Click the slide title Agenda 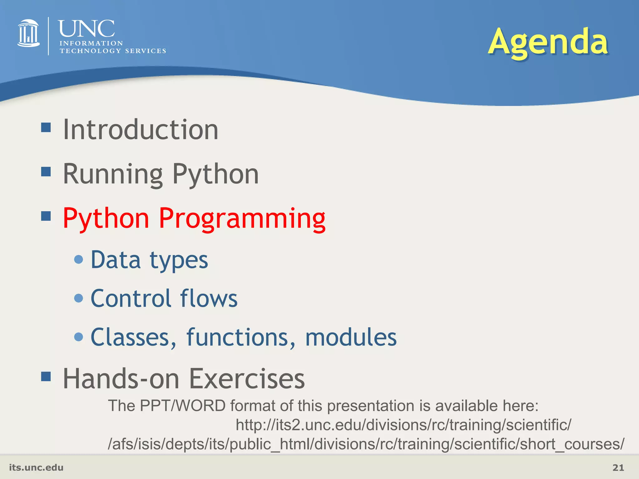point(548,42)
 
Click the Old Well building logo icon point(28,33)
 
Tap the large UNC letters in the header point(86,29)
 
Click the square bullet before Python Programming point(46,216)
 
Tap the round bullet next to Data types point(79,259)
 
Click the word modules point(351,337)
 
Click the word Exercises point(247,379)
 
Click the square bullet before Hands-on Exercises point(46,376)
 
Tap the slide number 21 point(618,467)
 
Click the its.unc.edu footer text point(36,467)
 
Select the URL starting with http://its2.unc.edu point(403,425)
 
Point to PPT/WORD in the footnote point(183,406)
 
